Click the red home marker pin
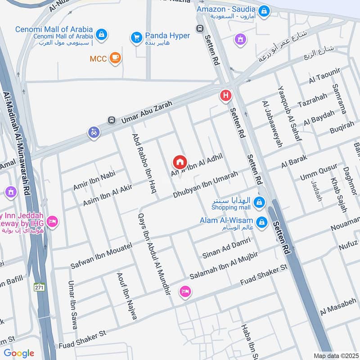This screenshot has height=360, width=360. pos(180,162)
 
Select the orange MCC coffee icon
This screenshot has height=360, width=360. pos(115,58)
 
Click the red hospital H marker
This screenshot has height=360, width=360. pos(225,95)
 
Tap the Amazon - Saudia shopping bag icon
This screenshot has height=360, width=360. pos(264,9)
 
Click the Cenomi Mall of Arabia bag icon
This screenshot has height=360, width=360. pos(102,33)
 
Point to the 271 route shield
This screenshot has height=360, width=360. pos(39,287)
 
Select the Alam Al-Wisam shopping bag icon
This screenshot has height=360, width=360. pos(261,222)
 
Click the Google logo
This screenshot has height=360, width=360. pos(19,353)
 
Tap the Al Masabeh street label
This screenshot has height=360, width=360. pos(338,306)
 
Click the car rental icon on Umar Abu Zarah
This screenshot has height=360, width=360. pos(94,133)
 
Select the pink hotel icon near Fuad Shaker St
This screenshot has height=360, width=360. pos(184,292)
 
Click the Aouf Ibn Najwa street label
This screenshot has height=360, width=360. pos(126,296)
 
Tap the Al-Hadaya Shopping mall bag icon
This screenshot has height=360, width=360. pos(259,202)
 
